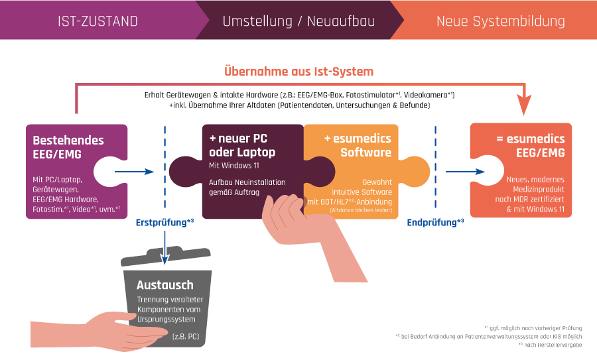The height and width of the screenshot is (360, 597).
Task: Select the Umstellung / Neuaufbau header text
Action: pyautogui.click(x=298, y=21)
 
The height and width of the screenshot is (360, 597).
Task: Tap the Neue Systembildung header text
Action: pyautogui.click(x=500, y=21)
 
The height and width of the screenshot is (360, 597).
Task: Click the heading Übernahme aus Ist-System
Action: pyautogui.click(x=298, y=71)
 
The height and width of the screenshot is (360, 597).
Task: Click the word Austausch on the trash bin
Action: pyautogui.click(x=165, y=285)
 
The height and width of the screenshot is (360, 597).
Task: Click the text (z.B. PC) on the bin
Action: pyautogui.click(x=185, y=337)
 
